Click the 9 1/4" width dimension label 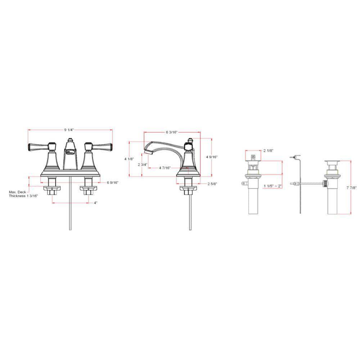coord(69,129)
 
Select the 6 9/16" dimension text coord(112,183)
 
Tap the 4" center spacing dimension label coord(95,203)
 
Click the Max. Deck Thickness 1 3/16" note coord(23,194)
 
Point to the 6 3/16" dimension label coord(172,132)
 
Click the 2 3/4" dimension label coord(143,165)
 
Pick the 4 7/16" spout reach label coord(165,168)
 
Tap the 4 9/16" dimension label coord(212,157)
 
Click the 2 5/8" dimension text coord(212,184)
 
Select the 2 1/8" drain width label coord(269,151)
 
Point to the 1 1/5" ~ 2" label coord(273,186)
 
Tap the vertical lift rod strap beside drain coord(300,187)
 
